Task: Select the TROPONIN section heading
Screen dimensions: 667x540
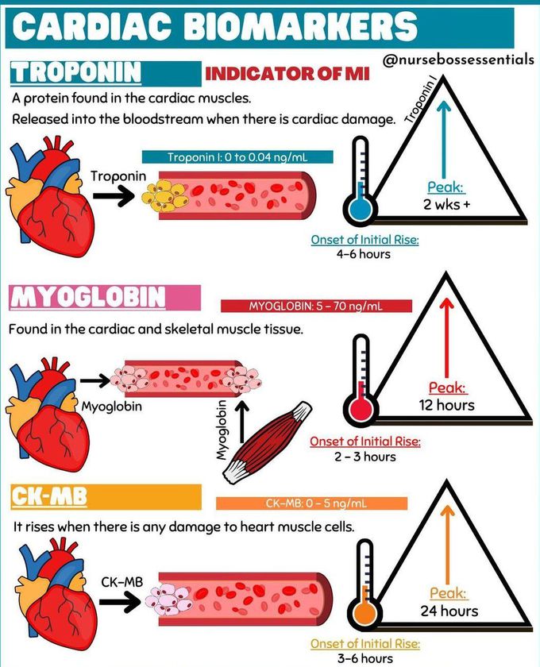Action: click(76, 72)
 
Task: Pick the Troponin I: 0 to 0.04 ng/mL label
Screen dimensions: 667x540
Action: click(237, 157)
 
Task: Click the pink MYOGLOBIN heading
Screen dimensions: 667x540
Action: click(88, 299)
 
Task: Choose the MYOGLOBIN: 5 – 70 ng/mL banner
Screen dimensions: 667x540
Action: click(318, 307)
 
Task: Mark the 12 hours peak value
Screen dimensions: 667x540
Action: click(446, 405)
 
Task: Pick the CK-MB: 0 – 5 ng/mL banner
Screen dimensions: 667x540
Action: click(311, 503)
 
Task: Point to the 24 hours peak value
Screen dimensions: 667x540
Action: click(449, 611)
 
